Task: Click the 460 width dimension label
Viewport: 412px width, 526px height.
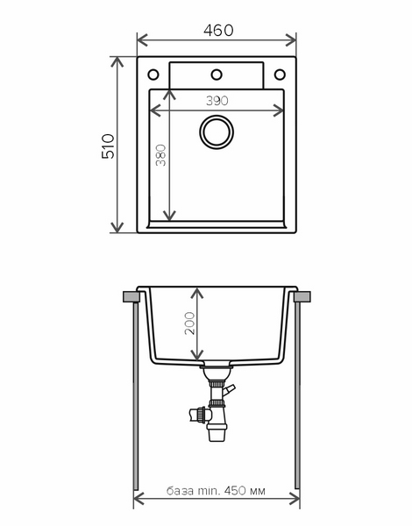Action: [218, 31]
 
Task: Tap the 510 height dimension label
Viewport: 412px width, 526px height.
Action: [108, 146]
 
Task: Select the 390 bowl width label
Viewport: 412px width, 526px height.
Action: [217, 101]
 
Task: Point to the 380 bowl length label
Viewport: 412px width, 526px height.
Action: [160, 155]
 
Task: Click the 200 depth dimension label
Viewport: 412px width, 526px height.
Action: [189, 323]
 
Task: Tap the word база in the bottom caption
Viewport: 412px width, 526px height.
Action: [181, 491]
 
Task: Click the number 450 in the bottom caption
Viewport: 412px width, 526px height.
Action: [235, 491]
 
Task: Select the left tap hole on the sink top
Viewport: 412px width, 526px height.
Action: [153, 75]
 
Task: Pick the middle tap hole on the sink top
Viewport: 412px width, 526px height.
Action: [217, 75]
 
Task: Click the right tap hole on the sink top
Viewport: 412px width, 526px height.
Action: [280, 75]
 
